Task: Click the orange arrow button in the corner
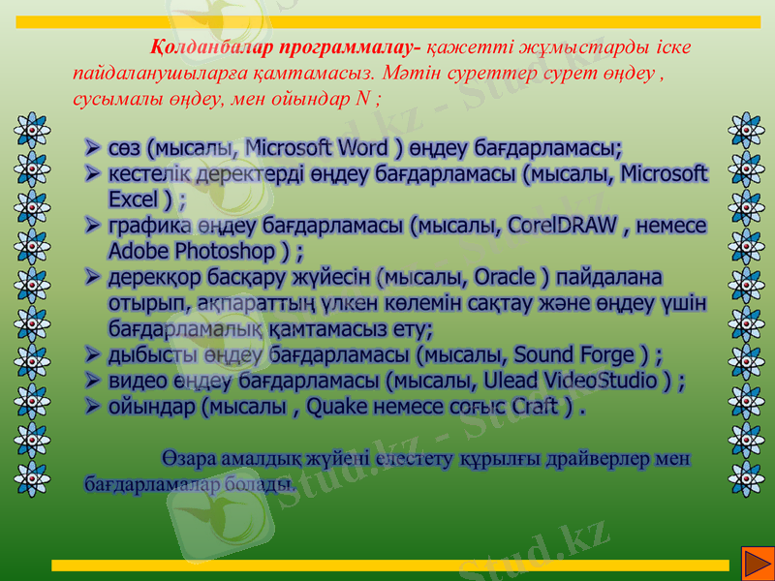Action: tap(754, 562)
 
